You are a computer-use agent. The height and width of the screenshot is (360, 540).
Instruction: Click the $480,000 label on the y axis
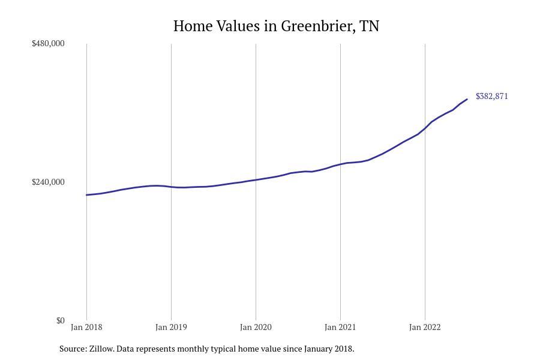tap(48, 43)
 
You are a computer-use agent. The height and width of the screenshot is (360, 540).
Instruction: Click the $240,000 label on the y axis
tap(48, 182)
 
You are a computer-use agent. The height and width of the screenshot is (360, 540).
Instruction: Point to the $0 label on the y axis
tap(60, 320)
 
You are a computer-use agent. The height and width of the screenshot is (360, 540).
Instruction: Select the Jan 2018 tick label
tap(86, 327)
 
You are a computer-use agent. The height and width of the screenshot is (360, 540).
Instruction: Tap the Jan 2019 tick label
tap(171, 327)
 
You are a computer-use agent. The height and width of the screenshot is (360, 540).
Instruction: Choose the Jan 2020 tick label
tap(256, 327)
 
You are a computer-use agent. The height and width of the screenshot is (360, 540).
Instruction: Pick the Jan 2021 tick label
tap(340, 327)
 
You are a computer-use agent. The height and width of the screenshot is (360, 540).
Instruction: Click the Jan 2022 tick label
tap(425, 327)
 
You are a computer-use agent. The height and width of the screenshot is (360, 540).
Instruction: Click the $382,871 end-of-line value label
tap(491, 96)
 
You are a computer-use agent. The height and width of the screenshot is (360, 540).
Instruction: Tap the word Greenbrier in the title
tap(316, 26)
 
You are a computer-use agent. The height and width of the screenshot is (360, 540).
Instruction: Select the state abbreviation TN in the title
tap(369, 26)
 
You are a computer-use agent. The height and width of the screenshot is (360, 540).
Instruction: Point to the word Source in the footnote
tap(73, 349)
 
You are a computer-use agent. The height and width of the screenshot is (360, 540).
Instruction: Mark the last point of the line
tap(467, 100)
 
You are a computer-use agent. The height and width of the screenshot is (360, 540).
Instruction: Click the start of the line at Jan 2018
tap(86, 195)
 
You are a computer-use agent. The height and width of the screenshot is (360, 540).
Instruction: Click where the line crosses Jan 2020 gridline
tap(256, 180)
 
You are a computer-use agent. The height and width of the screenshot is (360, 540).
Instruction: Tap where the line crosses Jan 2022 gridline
tap(425, 128)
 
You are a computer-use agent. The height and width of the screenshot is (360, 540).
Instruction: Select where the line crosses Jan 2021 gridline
tap(340, 164)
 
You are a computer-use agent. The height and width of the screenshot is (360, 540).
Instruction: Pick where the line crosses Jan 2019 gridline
tap(171, 187)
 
